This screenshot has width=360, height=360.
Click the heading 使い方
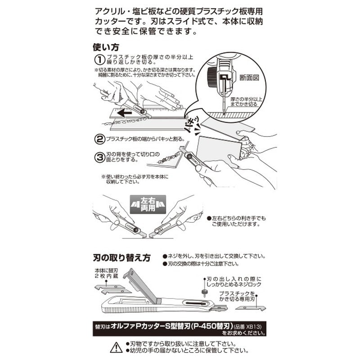(106, 47)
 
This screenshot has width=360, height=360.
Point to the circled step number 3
(99, 157)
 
